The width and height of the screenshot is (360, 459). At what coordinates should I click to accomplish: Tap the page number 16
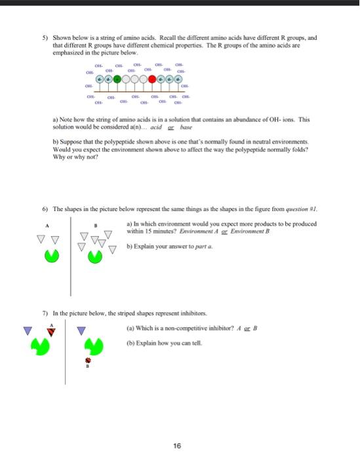[177, 445]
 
